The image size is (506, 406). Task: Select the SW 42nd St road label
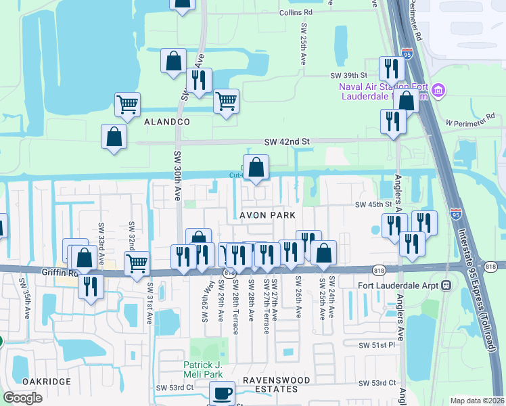click(x=286, y=141)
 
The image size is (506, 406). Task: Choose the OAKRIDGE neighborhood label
click(x=46, y=382)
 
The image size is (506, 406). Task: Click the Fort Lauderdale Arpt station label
click(x=399, y=285)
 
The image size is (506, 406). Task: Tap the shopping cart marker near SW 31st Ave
click(x=137, y=263)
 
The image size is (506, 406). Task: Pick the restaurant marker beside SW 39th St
click(x=391, y=68)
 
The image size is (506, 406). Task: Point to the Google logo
click(x=22, y=398)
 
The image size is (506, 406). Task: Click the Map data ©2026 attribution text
click(x=477, y=400)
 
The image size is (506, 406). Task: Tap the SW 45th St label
click(x=374, y=204)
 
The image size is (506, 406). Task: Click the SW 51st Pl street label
click(x=377, y=345)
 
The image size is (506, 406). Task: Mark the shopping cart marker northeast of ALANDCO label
click(x=226, y=101)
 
